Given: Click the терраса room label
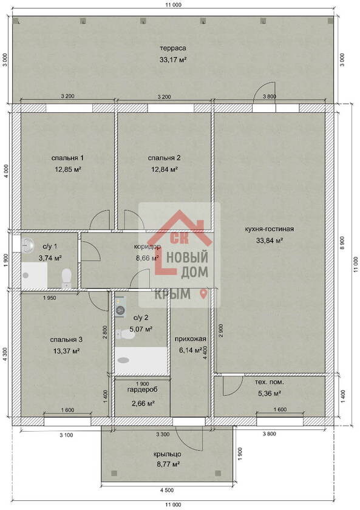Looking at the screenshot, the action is (172, 48).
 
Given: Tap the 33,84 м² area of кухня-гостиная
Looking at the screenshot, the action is (270, 240).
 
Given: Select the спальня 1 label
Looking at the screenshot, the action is (67, 158).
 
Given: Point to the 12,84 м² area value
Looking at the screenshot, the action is (165, 169).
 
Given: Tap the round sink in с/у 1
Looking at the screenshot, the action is (28, 244).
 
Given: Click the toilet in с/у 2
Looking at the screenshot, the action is (124, 335).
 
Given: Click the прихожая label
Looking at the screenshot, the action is (190, 339).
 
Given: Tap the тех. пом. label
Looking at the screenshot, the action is (269, 382).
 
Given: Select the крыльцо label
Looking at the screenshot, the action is (168, 454).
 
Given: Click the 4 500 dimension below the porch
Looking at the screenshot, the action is (167, 490).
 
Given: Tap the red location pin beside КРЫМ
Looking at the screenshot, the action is (203, 294).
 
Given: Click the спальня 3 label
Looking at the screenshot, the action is (66, 339).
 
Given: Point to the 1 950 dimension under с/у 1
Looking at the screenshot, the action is (50, 297).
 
